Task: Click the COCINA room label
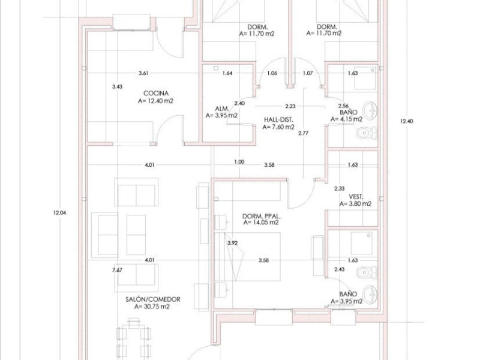(x=156, y=94)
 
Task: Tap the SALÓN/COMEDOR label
(x=153, y=299)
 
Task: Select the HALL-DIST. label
(x=278, y=119)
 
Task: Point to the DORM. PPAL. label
(x=262, y=216)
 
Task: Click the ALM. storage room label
(x=222, y=109)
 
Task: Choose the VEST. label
(x=356, y=197)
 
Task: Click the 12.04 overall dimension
(x=59, y=213)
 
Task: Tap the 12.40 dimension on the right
(x=407, y=121)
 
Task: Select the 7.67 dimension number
(x=117, y=269)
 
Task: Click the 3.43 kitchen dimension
(x=117, y=86)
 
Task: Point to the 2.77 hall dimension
(x=304, y=133)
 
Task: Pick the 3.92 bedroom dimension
(x=233, y=243)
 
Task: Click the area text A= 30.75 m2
(x=152, y=307)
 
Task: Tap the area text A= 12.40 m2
(x=155, y=101)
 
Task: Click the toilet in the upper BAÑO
(x=367, y=133)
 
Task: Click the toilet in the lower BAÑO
(x=367, y=272)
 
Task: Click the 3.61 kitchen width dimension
(x=143, y=73)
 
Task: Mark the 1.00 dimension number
(x=239, y=162)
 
